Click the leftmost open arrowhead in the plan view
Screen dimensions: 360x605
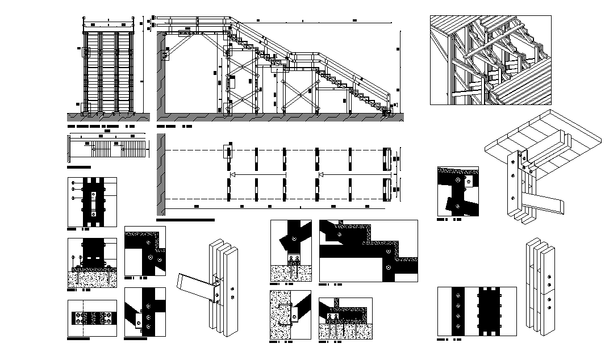pos(233,175)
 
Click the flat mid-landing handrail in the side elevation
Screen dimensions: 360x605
pos(307,56)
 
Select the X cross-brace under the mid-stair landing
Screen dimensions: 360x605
pos(298,95)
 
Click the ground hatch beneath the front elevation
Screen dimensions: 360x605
pos(108,116)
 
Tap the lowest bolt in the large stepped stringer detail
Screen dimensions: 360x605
pos(387,267)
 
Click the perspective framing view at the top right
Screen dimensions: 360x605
pos(490,60)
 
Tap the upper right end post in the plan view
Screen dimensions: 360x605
pos(387,160)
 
